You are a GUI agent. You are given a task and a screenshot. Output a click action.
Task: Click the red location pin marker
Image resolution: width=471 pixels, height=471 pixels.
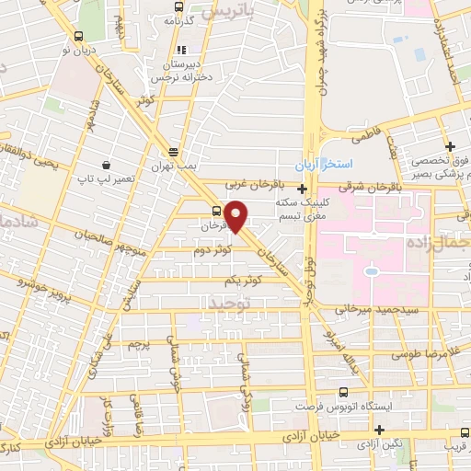pyautogui.click(x=236, y=215)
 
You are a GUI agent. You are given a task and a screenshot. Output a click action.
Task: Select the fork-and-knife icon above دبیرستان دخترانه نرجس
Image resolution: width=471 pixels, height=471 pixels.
pyautogui.click(x=181, y=50)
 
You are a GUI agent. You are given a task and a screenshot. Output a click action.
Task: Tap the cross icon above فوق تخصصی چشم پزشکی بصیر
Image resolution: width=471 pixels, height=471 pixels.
pyautogui.click(x=450, y=146)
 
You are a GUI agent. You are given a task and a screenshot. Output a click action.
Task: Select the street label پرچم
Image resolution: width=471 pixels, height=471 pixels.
pyautogui.click(x=137, y=343)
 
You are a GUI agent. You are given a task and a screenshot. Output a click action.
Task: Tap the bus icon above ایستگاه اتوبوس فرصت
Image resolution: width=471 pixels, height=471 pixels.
pyautogui.click(x=343, y=391)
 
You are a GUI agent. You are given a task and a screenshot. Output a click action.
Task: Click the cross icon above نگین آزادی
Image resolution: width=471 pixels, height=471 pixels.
pyautogui.click(x=378, y=430)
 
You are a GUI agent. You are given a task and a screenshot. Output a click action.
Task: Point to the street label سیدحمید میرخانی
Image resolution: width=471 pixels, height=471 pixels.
pyautogui.click(x=365, y=309)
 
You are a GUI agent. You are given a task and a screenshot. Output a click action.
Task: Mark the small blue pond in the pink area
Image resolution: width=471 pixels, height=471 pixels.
pyautogui.click(x=370, y=271)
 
